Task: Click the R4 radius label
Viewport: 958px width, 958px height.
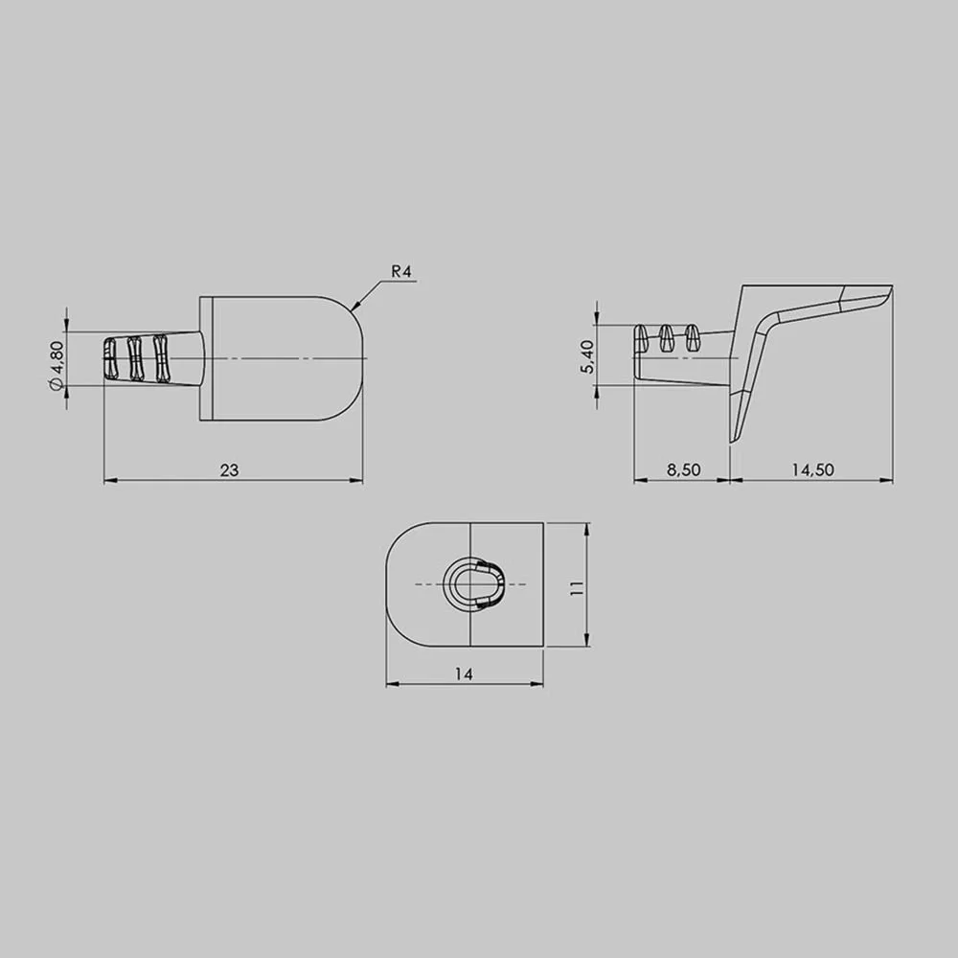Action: [401, 272]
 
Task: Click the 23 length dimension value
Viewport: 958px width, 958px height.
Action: [230, 469]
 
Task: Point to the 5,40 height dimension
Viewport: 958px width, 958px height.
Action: [588, 356]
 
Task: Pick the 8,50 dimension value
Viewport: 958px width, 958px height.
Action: [683, 469]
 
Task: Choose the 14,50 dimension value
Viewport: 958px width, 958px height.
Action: [812, 469]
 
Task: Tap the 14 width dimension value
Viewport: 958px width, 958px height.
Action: [464, 673]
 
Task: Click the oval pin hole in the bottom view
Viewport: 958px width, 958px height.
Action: [475, 584]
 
